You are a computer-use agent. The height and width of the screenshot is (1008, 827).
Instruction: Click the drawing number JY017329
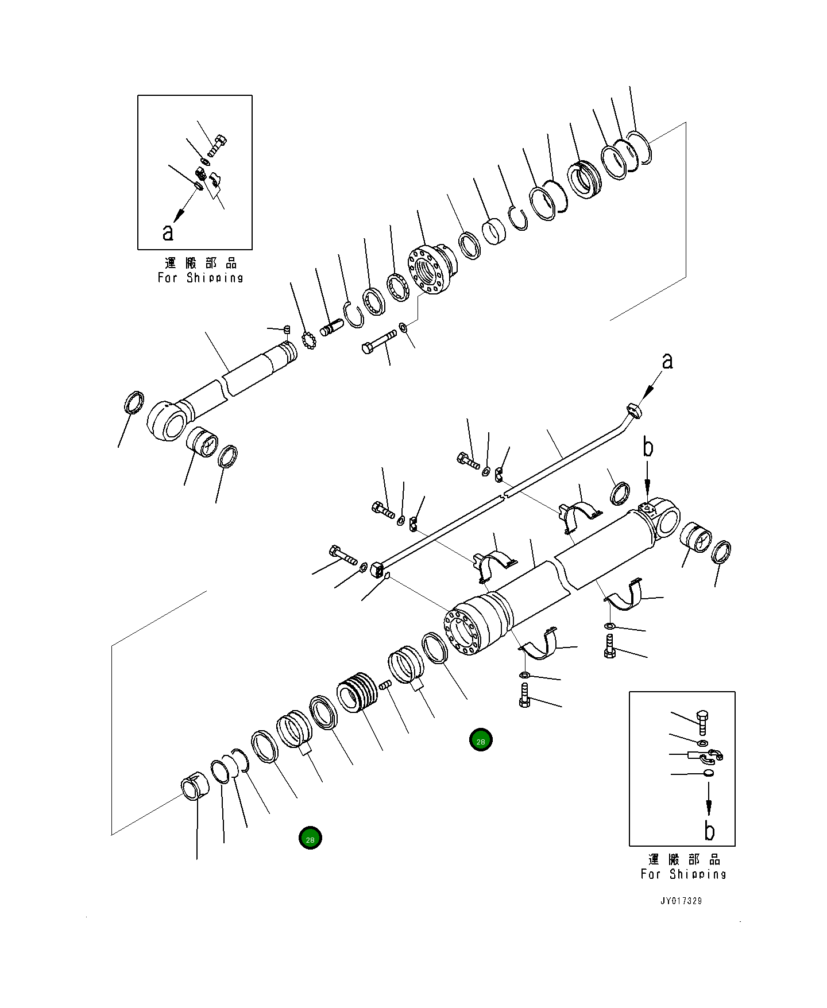click(681, 901)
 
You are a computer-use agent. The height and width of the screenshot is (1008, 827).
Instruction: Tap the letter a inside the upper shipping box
click(168, 232)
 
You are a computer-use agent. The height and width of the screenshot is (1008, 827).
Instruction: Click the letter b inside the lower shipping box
click(709, 831)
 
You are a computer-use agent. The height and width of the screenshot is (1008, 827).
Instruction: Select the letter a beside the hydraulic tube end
click(667, 361)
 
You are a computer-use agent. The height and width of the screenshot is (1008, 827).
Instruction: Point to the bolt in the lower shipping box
click(702, 722)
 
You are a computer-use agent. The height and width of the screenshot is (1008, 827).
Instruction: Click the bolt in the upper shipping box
click(217, 145)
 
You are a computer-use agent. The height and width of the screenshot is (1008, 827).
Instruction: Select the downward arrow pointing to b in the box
click(708, 800)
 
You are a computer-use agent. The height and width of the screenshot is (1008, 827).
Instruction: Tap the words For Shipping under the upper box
click(200, 278)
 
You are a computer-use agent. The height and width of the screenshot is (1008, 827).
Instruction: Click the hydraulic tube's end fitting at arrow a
click(632, 410)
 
